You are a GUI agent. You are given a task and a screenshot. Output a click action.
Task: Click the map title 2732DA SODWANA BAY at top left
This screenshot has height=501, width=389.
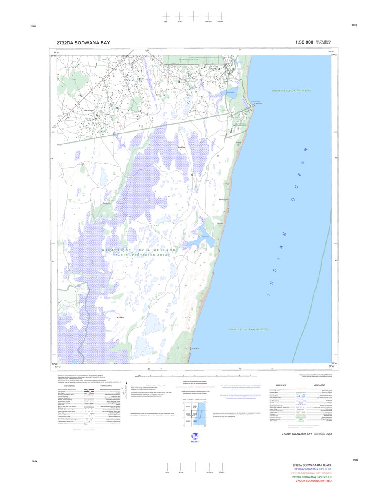click(83, 42)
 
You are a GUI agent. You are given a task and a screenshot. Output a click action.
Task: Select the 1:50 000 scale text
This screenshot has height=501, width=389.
click(304, 42)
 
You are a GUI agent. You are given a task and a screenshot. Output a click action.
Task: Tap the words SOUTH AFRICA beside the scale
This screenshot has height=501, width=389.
click(323, 41)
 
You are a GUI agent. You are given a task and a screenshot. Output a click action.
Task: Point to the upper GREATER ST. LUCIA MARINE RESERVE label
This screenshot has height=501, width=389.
click(291, 91)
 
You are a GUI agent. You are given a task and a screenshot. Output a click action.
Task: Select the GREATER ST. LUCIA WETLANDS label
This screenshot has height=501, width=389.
click(140, 250)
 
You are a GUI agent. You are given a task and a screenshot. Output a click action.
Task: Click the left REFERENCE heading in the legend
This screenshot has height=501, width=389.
click(69, 386)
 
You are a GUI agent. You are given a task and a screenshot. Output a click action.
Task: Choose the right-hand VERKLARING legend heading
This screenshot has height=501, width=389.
click(319, 385)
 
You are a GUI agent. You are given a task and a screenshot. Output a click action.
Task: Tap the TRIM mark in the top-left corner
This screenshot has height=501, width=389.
click(33, 26)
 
